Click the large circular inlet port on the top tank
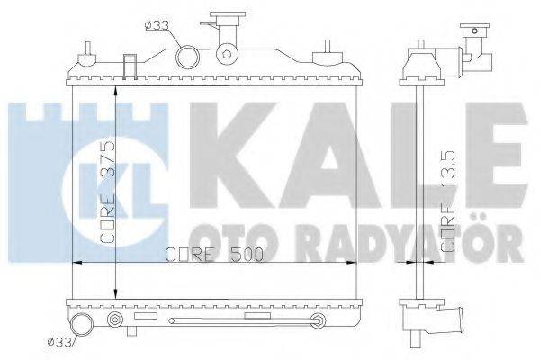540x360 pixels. tap(189, 58)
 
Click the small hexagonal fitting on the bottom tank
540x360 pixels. tap(113, 319)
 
